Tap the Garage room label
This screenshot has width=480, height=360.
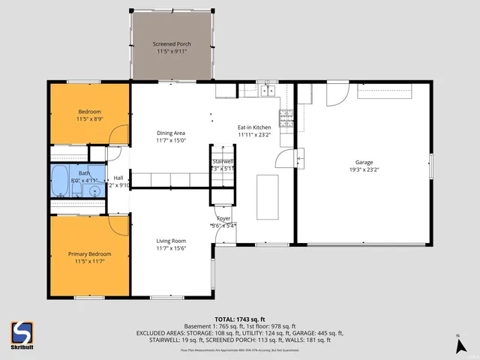point(364,161)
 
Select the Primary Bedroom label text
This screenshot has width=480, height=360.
point(89,254)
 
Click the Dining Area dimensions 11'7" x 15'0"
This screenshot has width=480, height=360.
point(171,140)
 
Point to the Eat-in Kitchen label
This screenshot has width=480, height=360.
point(254,127)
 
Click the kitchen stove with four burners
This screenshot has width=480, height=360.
point(286,115)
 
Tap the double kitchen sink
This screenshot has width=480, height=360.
point(267,91)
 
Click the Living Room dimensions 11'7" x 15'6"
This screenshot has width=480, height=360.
point(171,248)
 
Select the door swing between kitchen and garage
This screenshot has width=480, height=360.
point(285,158)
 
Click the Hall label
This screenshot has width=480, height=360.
point(118,178)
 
